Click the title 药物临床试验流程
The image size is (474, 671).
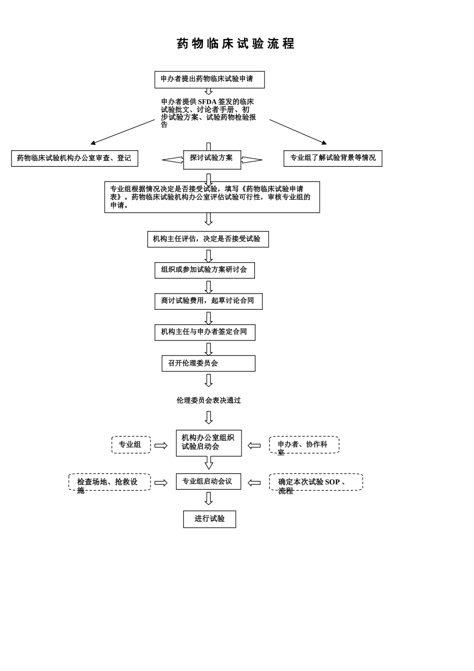click(236, 44)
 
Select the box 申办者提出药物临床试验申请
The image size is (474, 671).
click(210, 79)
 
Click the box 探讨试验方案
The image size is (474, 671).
click(212, 159)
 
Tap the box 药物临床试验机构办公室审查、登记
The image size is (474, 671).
click(74, 158)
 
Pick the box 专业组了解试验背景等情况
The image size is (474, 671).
click(333, 158)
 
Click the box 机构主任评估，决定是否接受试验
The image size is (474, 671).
click(208, 239)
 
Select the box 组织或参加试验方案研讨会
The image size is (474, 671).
click(205, 270)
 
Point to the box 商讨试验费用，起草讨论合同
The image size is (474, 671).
click(209, 301)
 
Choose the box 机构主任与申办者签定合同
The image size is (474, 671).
click(205, 333)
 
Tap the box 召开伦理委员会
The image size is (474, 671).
click(209, 363)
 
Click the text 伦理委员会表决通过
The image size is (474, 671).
click(209, 400)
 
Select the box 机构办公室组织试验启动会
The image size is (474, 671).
click(209, 443)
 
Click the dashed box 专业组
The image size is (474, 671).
click(131, 445)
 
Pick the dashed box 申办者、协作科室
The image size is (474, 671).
click(304, 445)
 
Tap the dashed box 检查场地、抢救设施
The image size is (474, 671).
click(109, 482)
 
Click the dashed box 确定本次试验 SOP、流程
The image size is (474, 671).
click(316, 482)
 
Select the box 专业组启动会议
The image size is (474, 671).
click(209, 482)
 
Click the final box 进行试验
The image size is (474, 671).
click(210, 519)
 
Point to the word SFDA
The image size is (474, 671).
click(207, 102)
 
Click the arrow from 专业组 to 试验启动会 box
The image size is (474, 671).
click(161, 445)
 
